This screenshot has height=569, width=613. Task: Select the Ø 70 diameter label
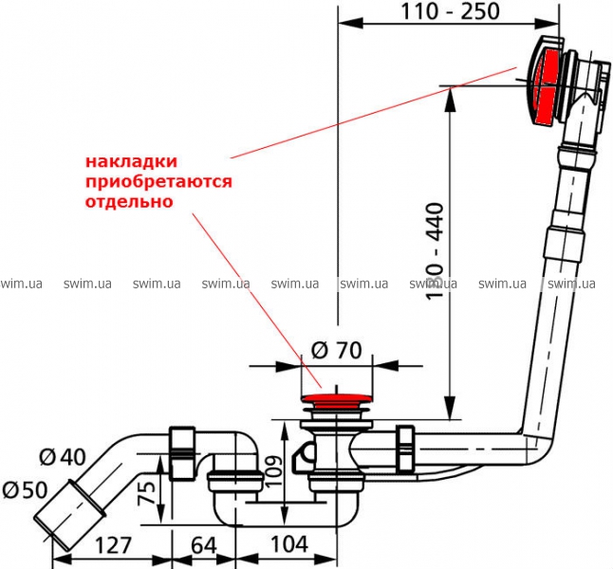pyautogui.click(x=336, y=350)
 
